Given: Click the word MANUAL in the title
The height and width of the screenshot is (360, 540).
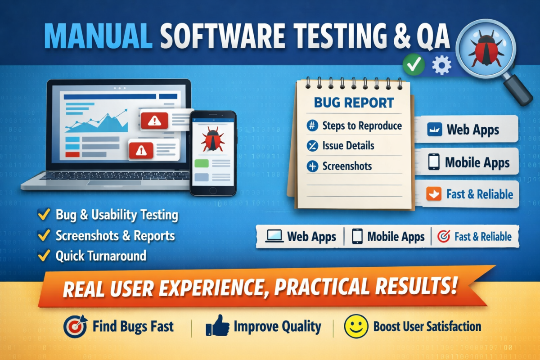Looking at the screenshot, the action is [99, 36].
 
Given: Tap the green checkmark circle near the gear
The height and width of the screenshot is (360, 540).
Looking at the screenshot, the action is [414, 64].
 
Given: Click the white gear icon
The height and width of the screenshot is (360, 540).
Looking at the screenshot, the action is [441, 65].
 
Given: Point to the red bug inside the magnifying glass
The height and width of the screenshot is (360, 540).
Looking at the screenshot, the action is [486, 49].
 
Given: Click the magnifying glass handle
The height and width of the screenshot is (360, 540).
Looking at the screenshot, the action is [518, 90].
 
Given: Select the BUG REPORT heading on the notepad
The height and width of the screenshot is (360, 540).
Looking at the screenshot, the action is [354, 103].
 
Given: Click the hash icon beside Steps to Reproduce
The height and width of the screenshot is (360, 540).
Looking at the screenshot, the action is [312, 126].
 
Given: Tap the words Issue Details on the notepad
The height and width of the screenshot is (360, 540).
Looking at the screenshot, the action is [348, 145].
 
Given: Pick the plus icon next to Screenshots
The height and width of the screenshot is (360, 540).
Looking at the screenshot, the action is [312, 166].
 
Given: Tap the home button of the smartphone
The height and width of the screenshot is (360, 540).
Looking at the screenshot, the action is [213, 190].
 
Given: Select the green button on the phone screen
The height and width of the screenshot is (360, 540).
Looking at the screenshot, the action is [202, 163].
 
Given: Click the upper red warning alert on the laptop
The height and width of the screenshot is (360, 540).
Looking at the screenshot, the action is [154, 120].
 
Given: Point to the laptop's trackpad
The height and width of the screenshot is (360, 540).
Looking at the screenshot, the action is [114, 183].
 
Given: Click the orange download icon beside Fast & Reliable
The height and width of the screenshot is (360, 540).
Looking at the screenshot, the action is [434, 193].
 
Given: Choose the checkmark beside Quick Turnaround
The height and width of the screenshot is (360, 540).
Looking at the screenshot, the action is [44, 255].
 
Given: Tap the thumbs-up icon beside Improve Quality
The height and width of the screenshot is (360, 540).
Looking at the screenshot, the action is [217, 326].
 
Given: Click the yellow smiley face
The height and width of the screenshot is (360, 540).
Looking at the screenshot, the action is [356, 326].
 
